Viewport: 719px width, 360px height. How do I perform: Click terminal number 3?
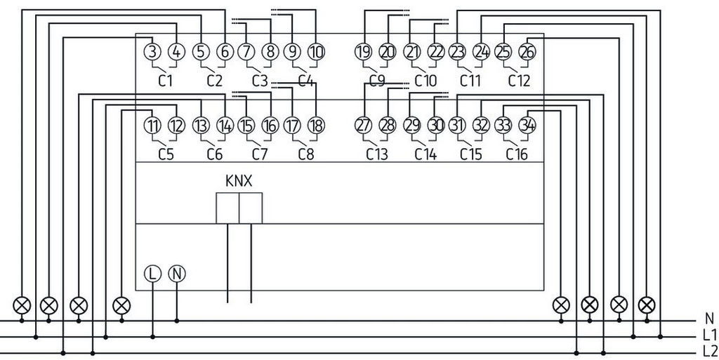pos(152,51)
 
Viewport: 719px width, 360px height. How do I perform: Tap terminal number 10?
pos(316,51)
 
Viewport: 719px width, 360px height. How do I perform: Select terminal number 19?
pos(363,51)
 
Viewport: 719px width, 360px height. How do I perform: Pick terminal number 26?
pos(527,51)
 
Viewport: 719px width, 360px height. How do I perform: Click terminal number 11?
pos(152,126)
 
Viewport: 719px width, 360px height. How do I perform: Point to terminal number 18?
pos(316,126)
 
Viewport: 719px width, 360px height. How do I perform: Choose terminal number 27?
pos(363,126)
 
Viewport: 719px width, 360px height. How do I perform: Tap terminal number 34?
pos(527,126)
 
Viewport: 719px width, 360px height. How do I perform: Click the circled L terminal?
pos(152,274)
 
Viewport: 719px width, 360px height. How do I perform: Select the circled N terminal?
pos(176,274)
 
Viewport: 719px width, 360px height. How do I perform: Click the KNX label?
pos(239,181)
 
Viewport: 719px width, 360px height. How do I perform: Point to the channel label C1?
pos(165,81)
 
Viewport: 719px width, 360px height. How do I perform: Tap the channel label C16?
pos(517,154)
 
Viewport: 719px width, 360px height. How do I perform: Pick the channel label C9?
pos(377,81)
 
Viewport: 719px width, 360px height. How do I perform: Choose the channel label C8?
pos(305,154)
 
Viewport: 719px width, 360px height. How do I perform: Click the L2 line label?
pos(708,351)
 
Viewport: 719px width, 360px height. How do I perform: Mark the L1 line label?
pos(708,335)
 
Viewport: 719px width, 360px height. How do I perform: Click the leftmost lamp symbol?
pos(22,305)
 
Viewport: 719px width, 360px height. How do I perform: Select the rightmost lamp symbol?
pos(647,305)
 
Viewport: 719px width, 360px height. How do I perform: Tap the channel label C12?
pos(518,81)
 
